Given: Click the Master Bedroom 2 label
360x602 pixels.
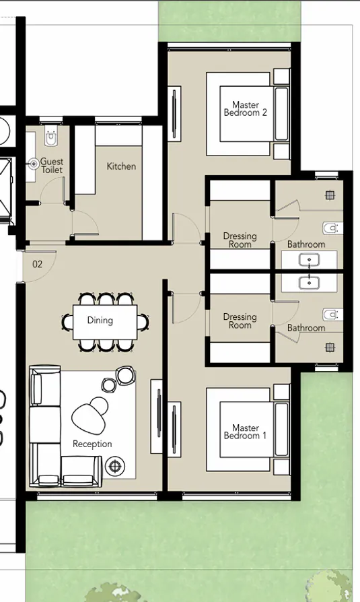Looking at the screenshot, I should point(246,109).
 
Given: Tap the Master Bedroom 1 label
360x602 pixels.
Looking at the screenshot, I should point(246,432).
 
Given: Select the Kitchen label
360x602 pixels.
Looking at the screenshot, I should point(121,166).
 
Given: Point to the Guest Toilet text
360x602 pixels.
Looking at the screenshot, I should point(52,166).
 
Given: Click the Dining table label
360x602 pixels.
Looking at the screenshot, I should point(100,321).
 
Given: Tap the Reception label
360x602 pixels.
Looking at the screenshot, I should point(92,444).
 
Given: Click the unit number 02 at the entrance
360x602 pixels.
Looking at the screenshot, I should point(37,265).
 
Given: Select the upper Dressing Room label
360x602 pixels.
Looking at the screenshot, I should point(240,240).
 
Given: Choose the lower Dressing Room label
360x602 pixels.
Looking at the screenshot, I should point(240,321).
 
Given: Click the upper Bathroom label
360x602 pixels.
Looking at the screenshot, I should point(306,244).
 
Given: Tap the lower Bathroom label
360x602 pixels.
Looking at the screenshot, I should point(306,328).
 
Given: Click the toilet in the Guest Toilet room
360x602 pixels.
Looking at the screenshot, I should point(51,139).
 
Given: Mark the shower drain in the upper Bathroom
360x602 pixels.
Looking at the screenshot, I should point(329,195).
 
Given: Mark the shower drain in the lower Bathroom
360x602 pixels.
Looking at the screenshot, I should point(329,347).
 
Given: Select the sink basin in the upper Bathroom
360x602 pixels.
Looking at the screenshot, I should point(310,259).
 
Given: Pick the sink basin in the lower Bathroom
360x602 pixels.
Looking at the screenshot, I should point(310,283).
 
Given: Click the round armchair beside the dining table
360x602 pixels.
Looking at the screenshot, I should point(125,374).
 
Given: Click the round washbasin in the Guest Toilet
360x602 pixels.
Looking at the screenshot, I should point(34,163).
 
